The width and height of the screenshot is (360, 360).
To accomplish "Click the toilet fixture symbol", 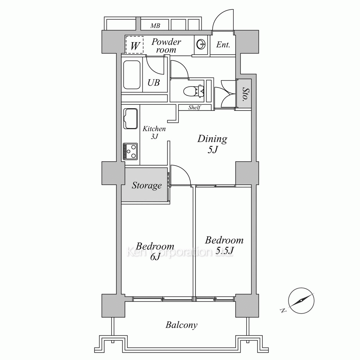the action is [x=194, y=91].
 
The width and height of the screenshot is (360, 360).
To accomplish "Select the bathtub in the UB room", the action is [x=132, y=75].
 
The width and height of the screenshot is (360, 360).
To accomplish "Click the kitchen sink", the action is [x=130, y=118].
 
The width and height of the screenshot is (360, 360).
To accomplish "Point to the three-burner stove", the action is [x=130, y=151].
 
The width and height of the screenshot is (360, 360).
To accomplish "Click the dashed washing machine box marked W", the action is [x=135, y=45].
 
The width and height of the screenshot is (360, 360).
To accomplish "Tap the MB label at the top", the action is [x=155, y=26].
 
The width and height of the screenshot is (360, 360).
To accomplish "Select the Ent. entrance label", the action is [x=223, y=45].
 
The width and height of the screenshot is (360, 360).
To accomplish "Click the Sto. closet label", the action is [x=246, y=94].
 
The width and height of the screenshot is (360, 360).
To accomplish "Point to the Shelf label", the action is [x=194, y=107].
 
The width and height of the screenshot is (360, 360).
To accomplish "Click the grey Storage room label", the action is [x=147, y=185].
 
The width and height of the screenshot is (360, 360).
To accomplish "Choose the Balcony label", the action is [x=181, y=325].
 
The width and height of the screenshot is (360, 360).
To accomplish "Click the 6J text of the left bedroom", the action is [x=155, y=257].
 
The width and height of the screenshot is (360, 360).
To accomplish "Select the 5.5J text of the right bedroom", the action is [x=225, y=251].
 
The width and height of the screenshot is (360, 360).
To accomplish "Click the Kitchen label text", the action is [x=154, y=129].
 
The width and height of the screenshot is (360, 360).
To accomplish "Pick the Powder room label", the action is [x=166, y=46].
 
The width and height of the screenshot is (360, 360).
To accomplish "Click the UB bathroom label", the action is [x=154, y=82].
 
